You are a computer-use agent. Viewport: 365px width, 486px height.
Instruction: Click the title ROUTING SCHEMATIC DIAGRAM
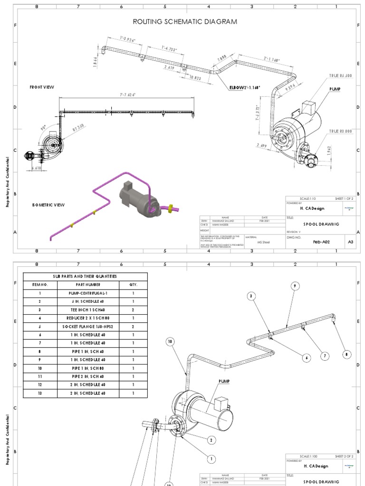coord(185,22)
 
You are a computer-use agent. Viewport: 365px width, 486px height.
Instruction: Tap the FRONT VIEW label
coord(42,87)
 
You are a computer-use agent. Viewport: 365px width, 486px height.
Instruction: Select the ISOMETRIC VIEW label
coord(48,205)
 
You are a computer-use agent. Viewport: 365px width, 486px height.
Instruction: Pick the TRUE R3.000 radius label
coord(340,131)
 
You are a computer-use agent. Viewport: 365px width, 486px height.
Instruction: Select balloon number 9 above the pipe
coord(295,286)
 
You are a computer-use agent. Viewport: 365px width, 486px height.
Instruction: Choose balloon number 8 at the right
coord(347,354)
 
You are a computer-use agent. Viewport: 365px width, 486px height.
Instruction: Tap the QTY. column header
coord(133,285)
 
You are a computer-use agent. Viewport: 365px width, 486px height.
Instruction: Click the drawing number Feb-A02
coord(321,242)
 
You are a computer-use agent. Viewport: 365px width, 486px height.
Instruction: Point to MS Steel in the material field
coord(263,242)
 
